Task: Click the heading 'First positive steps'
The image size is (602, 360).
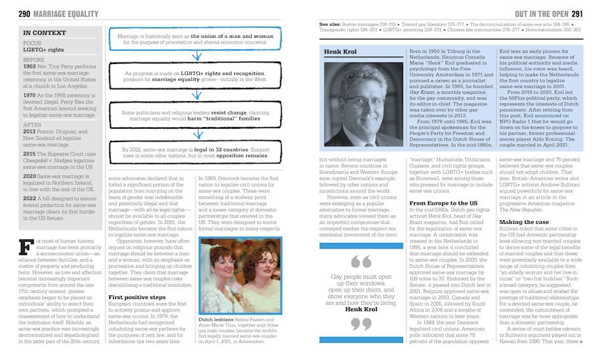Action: pyautogui.click(x=134, y=274)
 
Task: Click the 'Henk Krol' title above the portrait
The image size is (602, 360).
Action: pyautogui.click(x=340, y=51)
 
